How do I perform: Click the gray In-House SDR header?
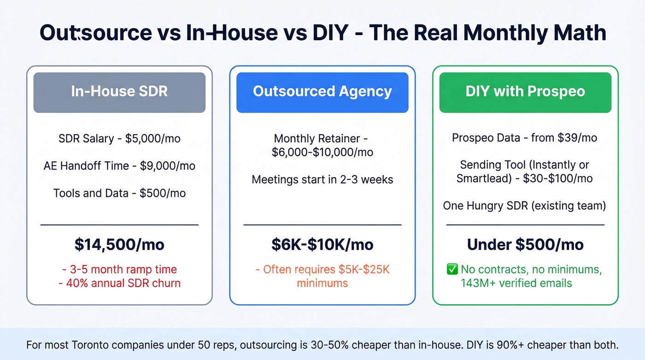click(119, 92)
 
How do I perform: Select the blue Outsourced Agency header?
click(322, 92)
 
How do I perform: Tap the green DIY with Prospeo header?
click(525, 92)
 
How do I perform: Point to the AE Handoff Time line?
click(119, 166)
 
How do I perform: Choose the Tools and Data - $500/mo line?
click(119, 193)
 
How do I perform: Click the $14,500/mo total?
click(119, 244)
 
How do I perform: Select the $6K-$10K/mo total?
click(322, 244)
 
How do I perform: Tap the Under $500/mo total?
click(525, 244)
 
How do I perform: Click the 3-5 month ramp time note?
click(119, 269)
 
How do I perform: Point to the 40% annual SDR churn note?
click(119, 283)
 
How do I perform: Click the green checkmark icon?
click(452, 269)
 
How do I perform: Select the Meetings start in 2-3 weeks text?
click(322, 179)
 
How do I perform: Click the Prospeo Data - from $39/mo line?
click(525, 138)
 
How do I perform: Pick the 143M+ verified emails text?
click(516, 283)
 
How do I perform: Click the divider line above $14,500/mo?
click(119, 225)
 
